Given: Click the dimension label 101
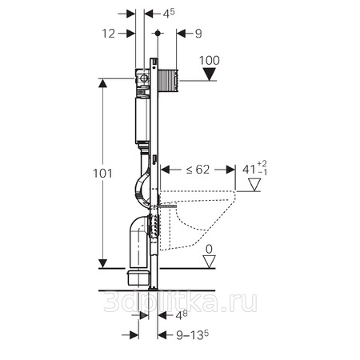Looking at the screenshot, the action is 102,174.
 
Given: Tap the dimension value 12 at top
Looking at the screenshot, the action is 109,34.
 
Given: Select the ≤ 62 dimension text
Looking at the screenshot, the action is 198,170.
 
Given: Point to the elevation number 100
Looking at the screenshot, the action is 210,61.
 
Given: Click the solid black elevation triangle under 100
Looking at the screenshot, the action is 210,74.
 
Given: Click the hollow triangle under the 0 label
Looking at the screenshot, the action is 209,262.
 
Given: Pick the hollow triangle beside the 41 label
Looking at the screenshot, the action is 254,185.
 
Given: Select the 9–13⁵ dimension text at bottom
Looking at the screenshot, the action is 193,335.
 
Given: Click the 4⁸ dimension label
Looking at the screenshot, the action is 182,315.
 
